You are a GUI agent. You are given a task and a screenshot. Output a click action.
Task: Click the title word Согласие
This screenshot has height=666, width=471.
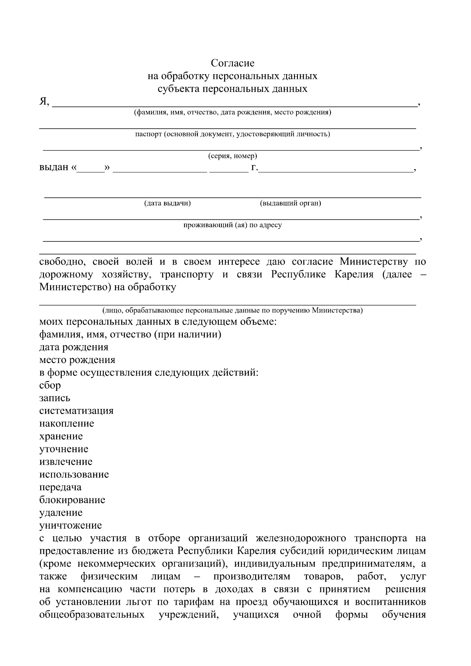tap(232, 63)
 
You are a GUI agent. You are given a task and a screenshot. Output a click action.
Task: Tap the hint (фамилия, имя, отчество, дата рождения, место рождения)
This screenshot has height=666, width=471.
tap(232, 113)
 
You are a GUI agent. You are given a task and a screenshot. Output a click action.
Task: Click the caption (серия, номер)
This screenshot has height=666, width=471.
tap(232, 156)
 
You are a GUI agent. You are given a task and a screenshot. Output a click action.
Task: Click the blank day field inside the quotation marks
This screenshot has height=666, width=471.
tap(91, 168)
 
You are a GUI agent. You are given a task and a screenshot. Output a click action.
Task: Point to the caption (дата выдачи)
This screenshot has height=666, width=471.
tap(167, 203)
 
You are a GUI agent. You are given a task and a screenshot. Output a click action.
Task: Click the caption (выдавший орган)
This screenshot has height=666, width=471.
tap(290, 203)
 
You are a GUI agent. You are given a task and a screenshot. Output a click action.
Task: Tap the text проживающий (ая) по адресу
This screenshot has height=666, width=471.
tap(232, 225)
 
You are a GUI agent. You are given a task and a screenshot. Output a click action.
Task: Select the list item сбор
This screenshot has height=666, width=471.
tap(50, 385)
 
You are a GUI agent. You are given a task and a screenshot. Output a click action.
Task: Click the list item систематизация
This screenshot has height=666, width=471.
tap(76, 411)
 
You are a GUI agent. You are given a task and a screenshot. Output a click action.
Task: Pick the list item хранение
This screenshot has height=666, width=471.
tap(61, 436)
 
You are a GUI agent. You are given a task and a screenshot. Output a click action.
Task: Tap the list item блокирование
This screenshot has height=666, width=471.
tap(72, 500)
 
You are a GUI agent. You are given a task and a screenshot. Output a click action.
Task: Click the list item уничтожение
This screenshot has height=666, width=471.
tap(70, 526)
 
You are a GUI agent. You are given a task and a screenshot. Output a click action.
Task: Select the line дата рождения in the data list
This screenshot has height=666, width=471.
tap(73, 347)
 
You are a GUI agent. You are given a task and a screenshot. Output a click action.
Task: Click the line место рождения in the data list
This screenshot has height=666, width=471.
tap(77, 360)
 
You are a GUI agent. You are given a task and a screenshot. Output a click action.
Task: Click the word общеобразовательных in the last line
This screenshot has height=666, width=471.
tap(91, 615)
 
